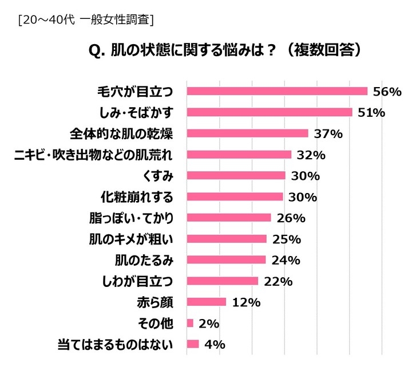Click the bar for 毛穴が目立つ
pos(277,91)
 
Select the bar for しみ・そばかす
pos(270,112)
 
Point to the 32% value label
pos(311,155)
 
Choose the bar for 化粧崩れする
pos(235,196)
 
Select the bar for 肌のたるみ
pos(227,259)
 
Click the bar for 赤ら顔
pos(207,302)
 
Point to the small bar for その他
pos(190,323)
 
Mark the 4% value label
pos(213,344)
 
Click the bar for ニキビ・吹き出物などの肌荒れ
pos(239,155)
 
